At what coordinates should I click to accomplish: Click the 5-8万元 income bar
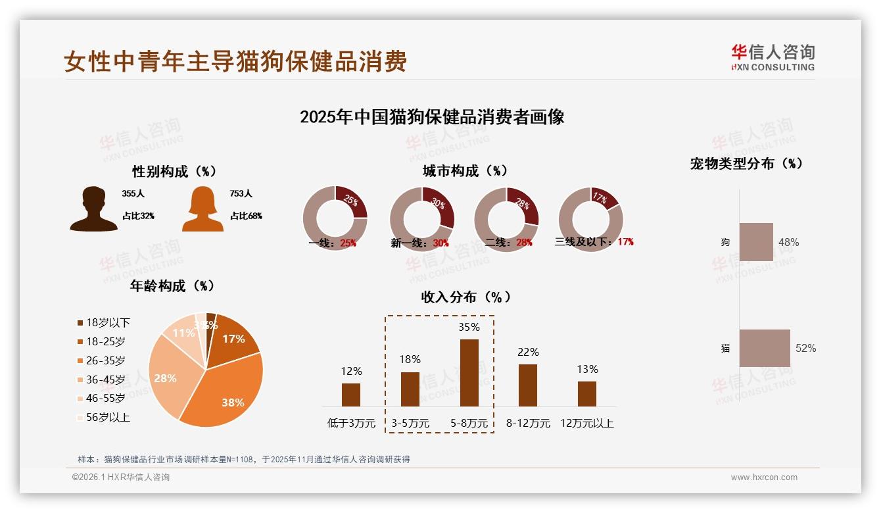469,372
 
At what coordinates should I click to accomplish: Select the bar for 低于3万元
351,395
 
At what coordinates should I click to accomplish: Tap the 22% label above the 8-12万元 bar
528,353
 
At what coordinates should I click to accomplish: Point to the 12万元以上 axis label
586,424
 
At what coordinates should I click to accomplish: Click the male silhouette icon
94,209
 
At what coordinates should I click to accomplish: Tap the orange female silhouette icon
202,209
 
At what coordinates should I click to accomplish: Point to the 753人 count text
241,194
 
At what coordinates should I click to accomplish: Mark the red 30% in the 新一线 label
441,243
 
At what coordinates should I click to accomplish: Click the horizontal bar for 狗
756,242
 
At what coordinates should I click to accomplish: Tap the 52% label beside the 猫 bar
805,348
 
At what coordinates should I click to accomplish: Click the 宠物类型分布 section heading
746,164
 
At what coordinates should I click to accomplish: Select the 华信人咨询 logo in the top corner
773,57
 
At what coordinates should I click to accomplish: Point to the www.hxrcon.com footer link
764,477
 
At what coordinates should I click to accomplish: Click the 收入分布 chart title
465,297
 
